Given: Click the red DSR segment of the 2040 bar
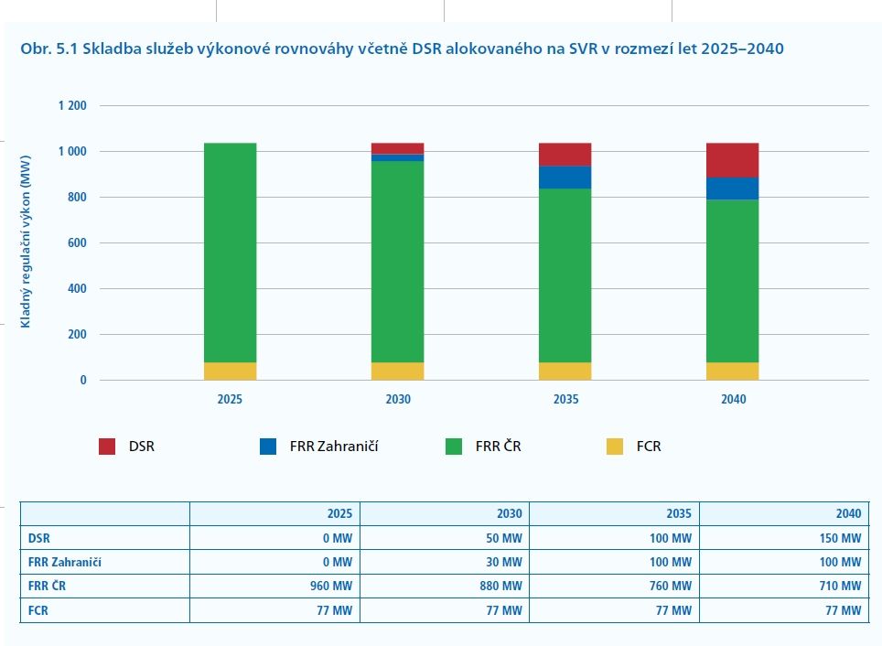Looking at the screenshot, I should point(732,160).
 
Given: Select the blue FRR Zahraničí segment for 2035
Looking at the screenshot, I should point(565,177).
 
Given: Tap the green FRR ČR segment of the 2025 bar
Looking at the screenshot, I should point(230,253).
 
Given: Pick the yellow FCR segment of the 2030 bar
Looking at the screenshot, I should point(397,371).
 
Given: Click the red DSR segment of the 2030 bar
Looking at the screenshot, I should point(397,148).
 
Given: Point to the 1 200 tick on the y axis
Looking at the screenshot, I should point(71,106).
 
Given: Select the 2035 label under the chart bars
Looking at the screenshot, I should point(565,400).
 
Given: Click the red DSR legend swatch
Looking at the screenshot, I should point(108,447).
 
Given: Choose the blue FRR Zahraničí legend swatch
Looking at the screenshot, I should point(268,447).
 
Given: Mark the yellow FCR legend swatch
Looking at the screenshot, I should point(616,447).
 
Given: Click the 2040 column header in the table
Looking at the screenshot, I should point(846,513).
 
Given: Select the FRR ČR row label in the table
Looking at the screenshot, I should point(47,587).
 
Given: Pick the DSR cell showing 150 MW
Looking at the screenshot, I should point(839,538).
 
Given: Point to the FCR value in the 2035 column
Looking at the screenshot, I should point(673,610).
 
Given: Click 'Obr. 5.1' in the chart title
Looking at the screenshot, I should point(48,48).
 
